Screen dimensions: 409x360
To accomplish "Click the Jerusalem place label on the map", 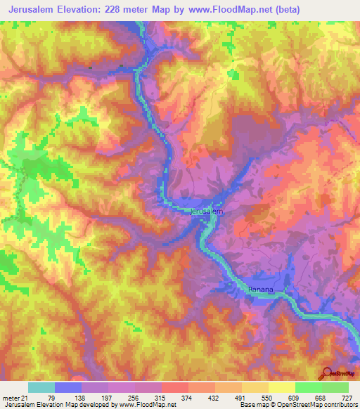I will pos(207,211).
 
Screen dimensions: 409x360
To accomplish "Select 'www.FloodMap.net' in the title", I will pos(230,10).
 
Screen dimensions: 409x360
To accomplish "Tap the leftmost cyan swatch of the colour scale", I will pos(41,388).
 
